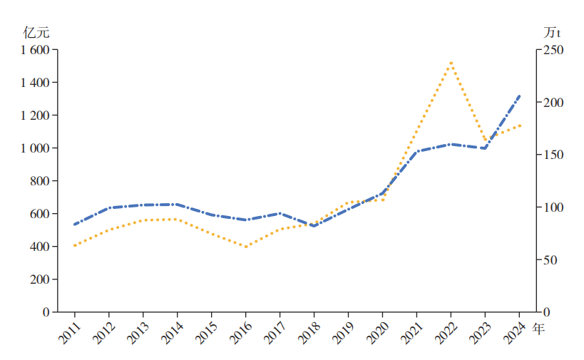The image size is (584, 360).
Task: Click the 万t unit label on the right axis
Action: coord(552,32)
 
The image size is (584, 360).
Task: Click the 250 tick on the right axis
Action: coord(554,50)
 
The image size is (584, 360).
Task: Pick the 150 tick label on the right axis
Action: coord(554,155)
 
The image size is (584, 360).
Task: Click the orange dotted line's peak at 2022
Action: coord(451,63)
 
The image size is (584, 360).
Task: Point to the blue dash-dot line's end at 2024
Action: coord(519,96)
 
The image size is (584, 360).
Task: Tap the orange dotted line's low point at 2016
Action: coord(245,247)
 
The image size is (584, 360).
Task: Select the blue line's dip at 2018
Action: coord(314,225)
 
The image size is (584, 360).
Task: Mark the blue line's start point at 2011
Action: coord(74,225)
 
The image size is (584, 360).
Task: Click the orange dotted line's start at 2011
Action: coord(74,245)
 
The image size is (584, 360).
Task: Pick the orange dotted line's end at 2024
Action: coord(519,125)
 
